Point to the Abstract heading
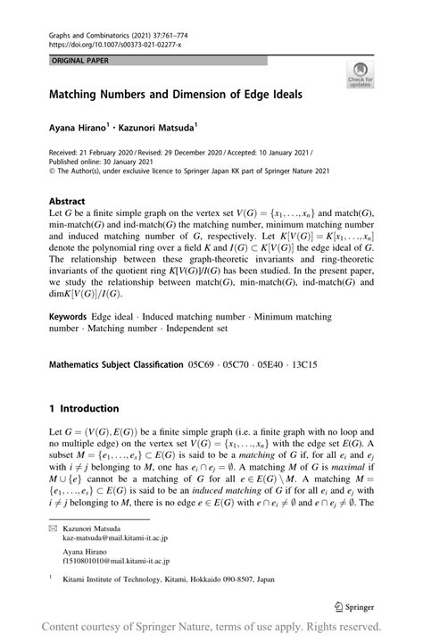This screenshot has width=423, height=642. (x=67, y=203)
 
